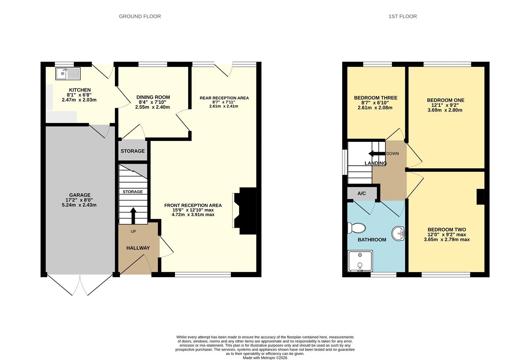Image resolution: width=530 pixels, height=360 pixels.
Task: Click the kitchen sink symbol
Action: pos(68,73)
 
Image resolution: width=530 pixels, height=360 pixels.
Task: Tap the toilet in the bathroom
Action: pos(356,228)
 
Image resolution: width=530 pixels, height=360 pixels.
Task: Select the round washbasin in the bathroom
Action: pos(398,233)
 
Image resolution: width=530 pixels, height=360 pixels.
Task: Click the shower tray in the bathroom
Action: pos(360,261)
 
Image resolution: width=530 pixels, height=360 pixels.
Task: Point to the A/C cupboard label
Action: pos(361,194)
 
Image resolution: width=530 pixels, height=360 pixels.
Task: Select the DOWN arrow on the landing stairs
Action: pos(377,154)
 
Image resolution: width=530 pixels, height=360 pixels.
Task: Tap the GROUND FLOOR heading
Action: pos(140,16)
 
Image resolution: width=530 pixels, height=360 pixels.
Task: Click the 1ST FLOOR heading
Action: pos(403,16)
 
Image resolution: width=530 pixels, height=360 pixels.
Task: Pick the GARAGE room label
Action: pos(80,195)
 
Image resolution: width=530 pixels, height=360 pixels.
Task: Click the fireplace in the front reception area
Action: pos(244,211)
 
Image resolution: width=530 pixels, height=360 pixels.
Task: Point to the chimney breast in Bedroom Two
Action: pos(481,197)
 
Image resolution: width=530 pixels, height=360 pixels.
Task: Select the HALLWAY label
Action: pos(138,248)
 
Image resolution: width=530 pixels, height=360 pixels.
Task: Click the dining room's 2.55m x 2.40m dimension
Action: pos(153,107)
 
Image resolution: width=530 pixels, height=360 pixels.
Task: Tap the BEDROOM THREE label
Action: pos(376,98)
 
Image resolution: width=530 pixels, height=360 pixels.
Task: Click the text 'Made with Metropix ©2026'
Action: pos(265,358)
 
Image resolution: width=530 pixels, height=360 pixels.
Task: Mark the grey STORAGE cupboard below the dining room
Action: pos(133,151)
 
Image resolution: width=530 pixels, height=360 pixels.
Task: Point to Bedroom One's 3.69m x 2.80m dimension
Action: pos(445,110)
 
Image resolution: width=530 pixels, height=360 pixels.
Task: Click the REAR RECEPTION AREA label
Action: pos(224,98)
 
